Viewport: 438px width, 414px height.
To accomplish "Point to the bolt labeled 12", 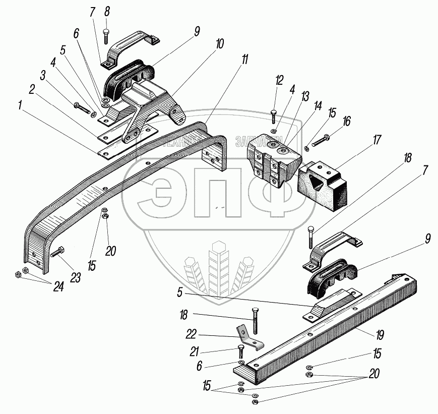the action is pos(273,116).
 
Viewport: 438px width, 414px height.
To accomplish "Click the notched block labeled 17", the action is pos(323,184).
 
